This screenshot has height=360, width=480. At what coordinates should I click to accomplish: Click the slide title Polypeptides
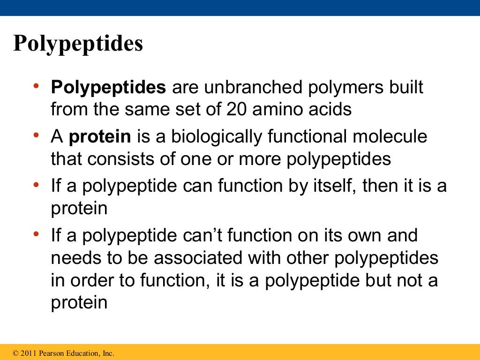[x=78, y=44]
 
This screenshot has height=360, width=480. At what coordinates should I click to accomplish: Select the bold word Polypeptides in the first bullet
[x=108, y=88]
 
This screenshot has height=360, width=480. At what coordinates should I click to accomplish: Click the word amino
[x=278, y=109]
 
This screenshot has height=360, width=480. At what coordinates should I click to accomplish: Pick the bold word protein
[x=100, y=137]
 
